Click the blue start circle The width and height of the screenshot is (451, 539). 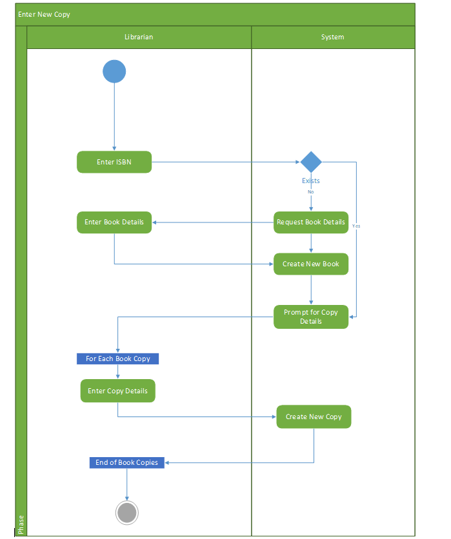click(114, 71)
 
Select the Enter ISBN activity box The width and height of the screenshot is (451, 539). click(114, 162)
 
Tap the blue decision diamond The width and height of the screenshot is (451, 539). click(311, 162)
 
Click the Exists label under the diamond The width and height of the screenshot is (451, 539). click(311, 181)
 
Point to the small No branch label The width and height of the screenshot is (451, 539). click(311, 191)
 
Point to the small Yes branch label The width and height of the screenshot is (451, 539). click(356, 226)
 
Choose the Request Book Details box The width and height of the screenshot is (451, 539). click(311, 222)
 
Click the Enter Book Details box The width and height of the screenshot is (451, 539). click(114, 222)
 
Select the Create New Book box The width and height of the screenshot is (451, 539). click(311, 264)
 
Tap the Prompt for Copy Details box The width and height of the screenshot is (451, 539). click(311, 317)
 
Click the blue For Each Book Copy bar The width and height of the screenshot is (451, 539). click(117, 358)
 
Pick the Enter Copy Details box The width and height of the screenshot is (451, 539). click(118, 391)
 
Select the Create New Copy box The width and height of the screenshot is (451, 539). click(314, 416)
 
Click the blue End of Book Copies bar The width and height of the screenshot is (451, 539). click(127, 462)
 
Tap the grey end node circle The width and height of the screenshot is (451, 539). click(127, 513)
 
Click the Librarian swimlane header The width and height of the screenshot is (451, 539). click(139, 37)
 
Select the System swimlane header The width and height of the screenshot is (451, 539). click(333, 37)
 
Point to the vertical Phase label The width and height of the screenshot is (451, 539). click(21, 524)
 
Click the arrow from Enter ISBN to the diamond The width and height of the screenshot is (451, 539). click(226, 162)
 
